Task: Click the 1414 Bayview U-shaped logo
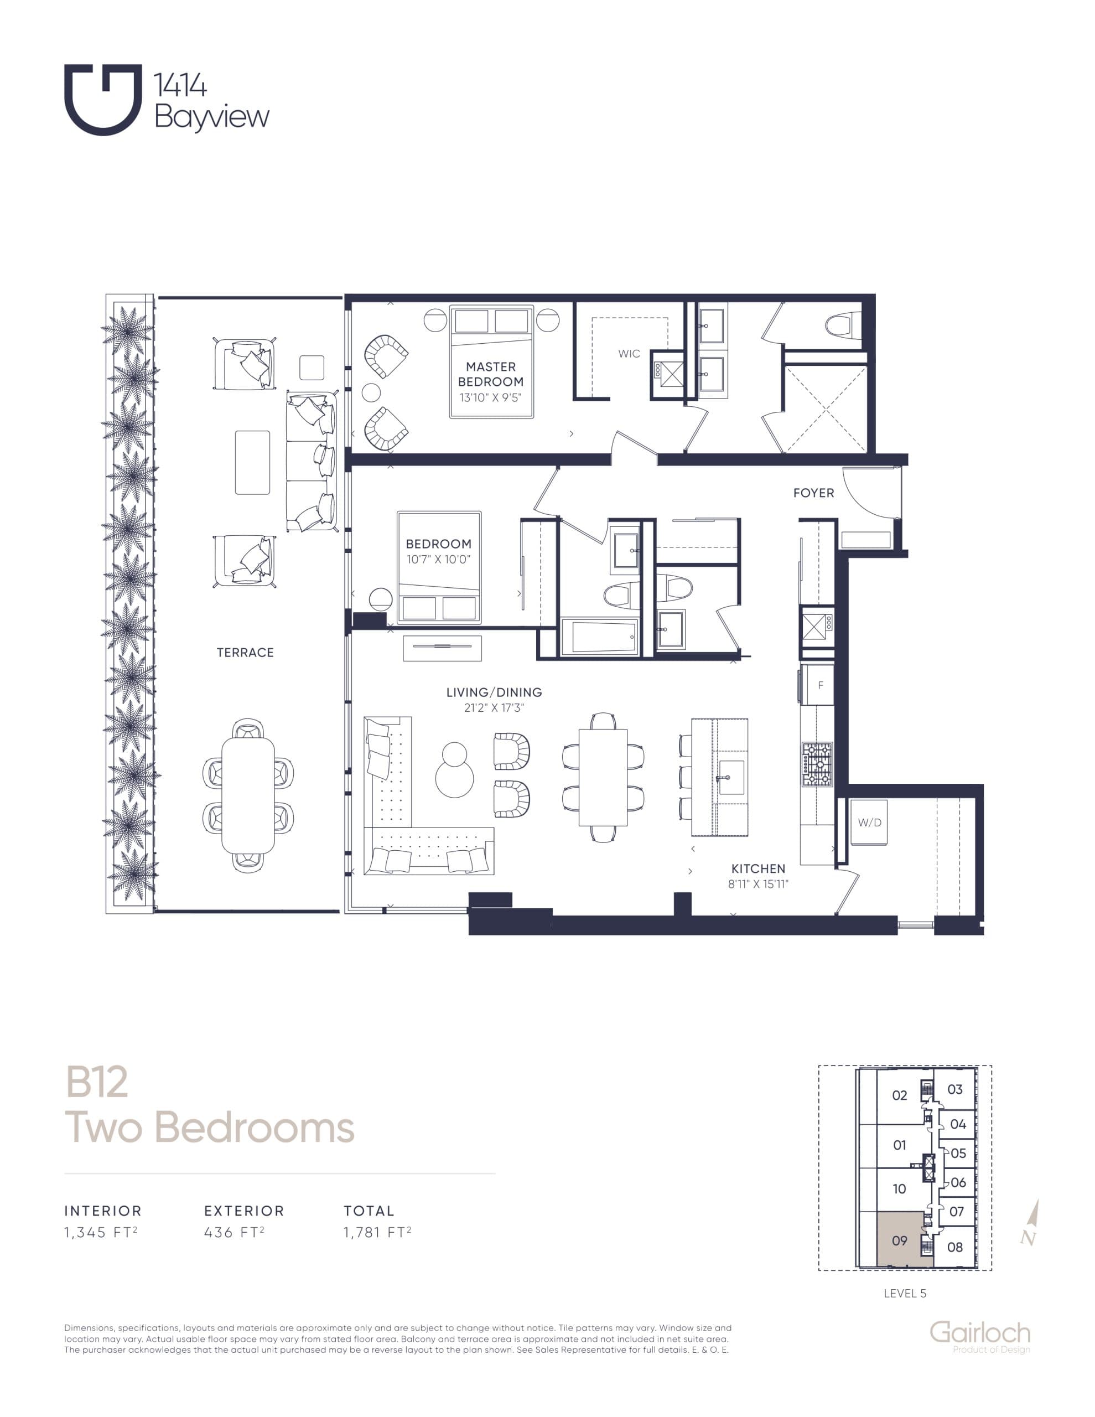(102, 99)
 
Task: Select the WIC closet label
(629, 354)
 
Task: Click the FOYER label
(813, 493)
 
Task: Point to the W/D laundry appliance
(869, 823)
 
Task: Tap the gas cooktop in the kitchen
(817, 764)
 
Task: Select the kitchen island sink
(731, 777)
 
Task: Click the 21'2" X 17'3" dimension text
(494, 708)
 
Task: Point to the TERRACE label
(245, 653)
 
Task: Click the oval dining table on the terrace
(248, 795)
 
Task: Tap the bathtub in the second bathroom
(599, 637)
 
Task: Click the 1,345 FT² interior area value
(101, 1233)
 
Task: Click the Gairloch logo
(979, 1334)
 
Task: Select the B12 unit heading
(97, 1082)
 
